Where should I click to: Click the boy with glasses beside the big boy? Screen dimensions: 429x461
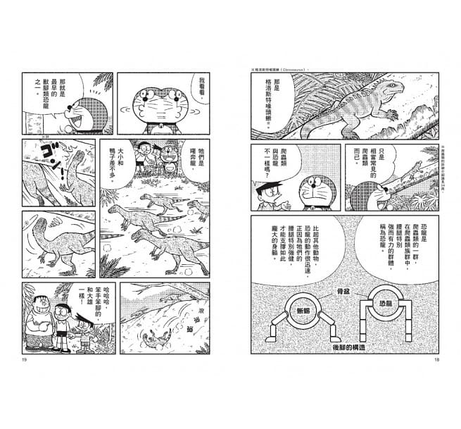point(64,321)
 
